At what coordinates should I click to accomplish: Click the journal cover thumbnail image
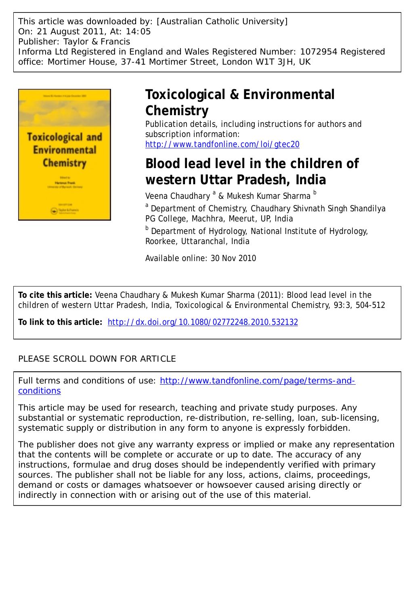tap(65, 154)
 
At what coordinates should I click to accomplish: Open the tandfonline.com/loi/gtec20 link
tap(222, 144)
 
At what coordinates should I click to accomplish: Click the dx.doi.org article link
tap(203, 322)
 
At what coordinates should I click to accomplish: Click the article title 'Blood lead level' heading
tap(252, 171)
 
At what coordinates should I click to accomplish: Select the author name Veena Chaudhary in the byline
tap(178, 196)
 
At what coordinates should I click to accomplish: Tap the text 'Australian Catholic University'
tap(222, 21)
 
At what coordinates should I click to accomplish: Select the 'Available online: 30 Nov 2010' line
tap(201, 258)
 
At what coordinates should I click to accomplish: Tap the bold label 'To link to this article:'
tap(60, 322)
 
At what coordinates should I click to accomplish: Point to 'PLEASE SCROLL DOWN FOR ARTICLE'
tap(97, 359)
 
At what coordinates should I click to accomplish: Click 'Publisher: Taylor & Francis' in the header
tap(74, 42)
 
